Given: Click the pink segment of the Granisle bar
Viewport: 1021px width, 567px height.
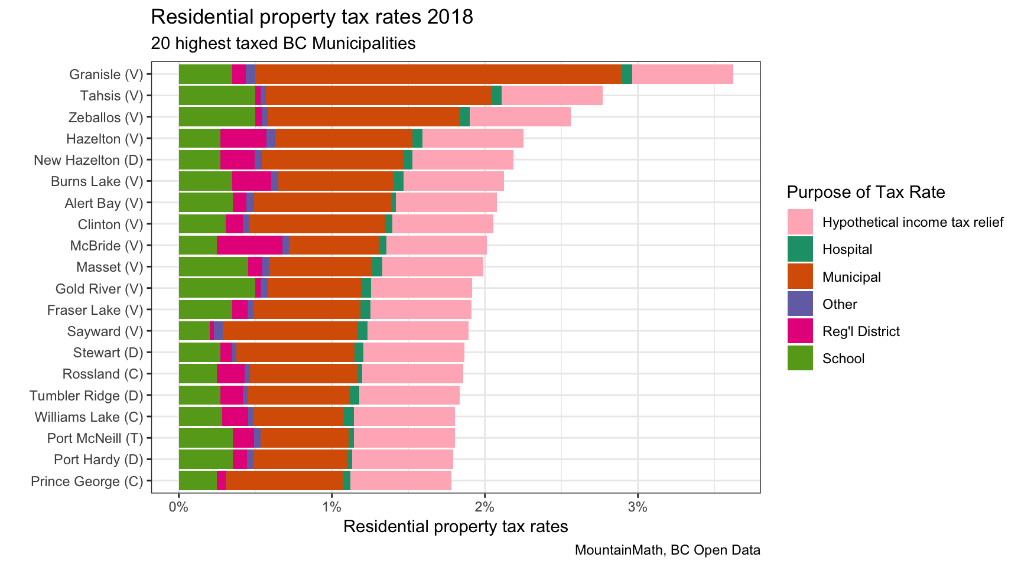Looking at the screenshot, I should pyautogui.click(x=682, y=74).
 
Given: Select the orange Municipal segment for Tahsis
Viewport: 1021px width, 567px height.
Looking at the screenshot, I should pyautogui.click(x=378, y=96).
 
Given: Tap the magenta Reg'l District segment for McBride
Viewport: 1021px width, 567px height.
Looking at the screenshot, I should pyautogui.click(x=249, y=246).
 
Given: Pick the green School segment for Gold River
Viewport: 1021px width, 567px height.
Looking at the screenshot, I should pyautogui.click(x=217, y=289).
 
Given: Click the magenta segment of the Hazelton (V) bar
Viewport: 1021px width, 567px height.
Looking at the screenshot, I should pyautogui.click(x=243, y=139).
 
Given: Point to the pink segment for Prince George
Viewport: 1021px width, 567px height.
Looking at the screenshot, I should pyautogui.click(x=401, y=481).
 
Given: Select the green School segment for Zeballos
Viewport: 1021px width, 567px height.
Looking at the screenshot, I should pyautogui.click(x=217, y=117).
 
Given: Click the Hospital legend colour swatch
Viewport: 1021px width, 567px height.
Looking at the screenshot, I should pyautogui.click(x=800, y=249).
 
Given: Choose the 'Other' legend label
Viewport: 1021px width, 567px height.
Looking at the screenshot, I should pyautogui.click(x=840, y=304).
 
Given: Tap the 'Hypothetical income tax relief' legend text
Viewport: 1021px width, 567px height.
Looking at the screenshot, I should pyautogui.click(x=912, y=223).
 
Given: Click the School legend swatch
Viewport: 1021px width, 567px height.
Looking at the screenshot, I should pyautogui.click(x=800, y=359).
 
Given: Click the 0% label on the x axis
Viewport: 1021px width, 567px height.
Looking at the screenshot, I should pyautogui.click(x=179, y=507).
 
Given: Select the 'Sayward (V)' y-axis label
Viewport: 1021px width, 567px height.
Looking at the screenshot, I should pyautogui.click(x=105, y=331).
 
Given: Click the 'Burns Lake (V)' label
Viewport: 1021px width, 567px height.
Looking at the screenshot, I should pyautogui.click(x=97, y=181).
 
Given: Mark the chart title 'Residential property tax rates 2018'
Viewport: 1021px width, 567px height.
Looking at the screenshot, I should pyautogui.click(x=312, y=17).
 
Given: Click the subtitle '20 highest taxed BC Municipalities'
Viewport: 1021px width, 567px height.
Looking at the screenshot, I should pyautogui.click(x=283, y=44).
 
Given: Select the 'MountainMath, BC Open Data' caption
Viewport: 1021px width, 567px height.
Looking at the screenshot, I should pyautogui.click(x=667, y=550).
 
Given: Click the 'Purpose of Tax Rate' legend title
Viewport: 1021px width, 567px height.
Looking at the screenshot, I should pyautogui.click(x=866, y=192).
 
